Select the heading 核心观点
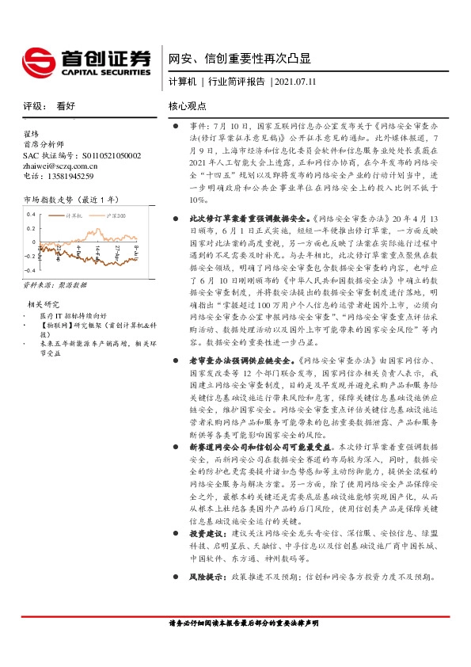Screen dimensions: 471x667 [x=187, y=105]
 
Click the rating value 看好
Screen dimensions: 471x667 [x=66, y=105]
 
